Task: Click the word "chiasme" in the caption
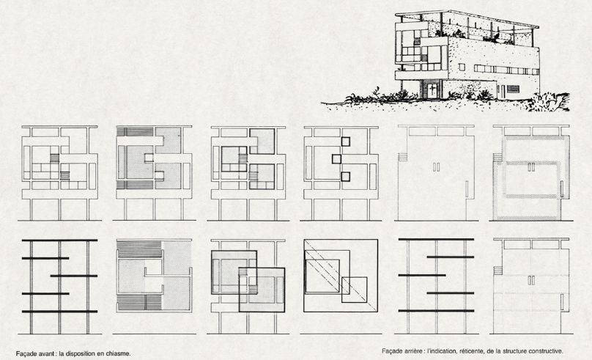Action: [119, 354]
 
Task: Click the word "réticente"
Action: [471, 351]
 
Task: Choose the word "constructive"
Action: [545, 351]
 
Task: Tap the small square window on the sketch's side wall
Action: [462, 67]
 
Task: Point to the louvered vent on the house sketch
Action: [513, 89]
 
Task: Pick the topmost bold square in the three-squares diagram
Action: [346, 142]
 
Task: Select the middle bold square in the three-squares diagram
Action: [336, 158]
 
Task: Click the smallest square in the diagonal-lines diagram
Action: [354, 290]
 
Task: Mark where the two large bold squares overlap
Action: [248, 281]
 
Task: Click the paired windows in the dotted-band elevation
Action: [531, 167]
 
